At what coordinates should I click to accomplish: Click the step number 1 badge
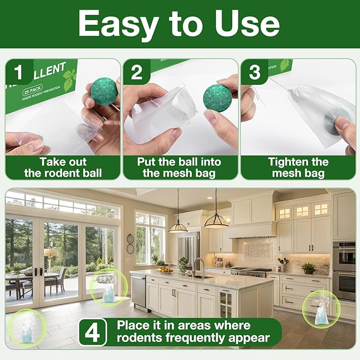[19, 72]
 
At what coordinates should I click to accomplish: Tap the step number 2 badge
[137, 72]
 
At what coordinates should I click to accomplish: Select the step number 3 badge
[254, 72]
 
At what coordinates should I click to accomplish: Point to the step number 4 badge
[92, 332]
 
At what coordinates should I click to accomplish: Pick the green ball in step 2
[218, 97]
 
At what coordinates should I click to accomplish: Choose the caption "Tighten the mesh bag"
[298, 167]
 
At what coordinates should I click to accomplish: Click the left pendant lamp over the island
[178, 225]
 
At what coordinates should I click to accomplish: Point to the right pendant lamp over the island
[216, 219]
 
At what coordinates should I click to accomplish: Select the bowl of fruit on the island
[165, 270]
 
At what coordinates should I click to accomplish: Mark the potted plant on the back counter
[308, 267]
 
